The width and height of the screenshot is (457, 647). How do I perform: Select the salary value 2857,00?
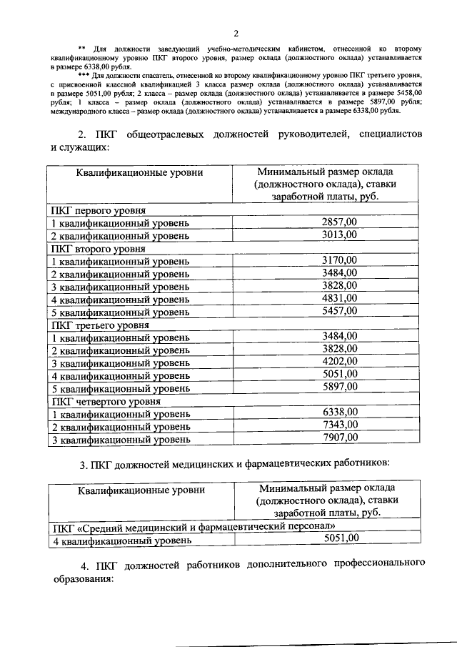[340, 222]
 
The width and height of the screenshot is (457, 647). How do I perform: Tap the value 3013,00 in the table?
[340, 234]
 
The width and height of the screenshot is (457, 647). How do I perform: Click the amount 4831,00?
[340, 299]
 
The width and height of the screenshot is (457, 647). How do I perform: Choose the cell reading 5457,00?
[340, 312]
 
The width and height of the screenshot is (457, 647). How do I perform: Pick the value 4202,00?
[340, 362]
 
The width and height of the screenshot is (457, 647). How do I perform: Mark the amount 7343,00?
[340, 425]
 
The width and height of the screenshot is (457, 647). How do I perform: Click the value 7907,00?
[340, 438]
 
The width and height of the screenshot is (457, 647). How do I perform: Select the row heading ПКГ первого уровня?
[98, 211]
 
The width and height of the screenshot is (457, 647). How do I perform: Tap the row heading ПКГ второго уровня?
[97, 249]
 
